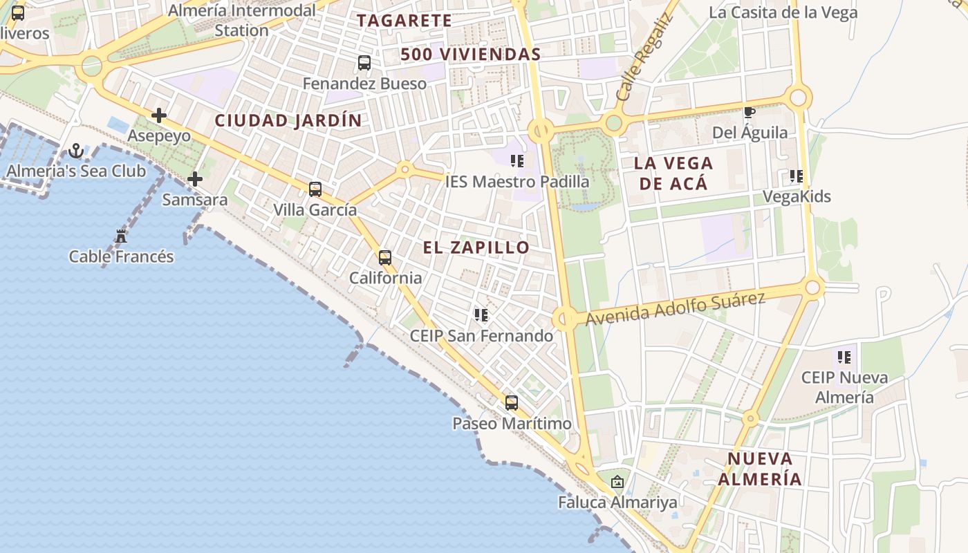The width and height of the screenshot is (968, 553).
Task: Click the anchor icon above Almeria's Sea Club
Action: point(76,151)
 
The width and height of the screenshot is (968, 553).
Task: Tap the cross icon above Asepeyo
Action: point(159,115)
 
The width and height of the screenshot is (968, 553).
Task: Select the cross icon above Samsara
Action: point(195,179)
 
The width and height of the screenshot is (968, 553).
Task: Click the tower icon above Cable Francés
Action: point(121,236)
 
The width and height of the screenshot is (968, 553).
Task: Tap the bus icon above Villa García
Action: point(315,189)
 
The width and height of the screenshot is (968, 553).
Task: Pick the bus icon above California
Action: point(385,258)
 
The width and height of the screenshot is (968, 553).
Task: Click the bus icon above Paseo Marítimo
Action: point(512,403)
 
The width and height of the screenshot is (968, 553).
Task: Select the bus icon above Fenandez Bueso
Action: point(364,63)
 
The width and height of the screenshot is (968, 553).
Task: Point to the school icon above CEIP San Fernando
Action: point(481,315)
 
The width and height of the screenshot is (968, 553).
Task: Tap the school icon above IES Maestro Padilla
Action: point(516,161)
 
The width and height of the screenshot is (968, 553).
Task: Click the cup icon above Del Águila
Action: point(749,112)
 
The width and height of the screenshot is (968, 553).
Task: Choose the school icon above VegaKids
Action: point(797,176)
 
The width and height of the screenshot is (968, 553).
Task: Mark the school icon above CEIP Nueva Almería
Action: point(844,357)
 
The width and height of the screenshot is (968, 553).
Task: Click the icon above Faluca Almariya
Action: point(617,482)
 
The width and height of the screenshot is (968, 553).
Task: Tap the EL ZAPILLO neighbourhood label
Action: point(476,247)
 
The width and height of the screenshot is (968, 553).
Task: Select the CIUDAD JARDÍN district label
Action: point(288,120)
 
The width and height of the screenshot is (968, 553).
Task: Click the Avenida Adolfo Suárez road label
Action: point(676,308)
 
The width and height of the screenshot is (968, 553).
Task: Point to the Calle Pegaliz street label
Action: point(643,58)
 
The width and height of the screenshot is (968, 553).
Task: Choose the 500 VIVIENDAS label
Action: point(470,54)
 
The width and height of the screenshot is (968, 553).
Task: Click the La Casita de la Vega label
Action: point(783,12)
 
